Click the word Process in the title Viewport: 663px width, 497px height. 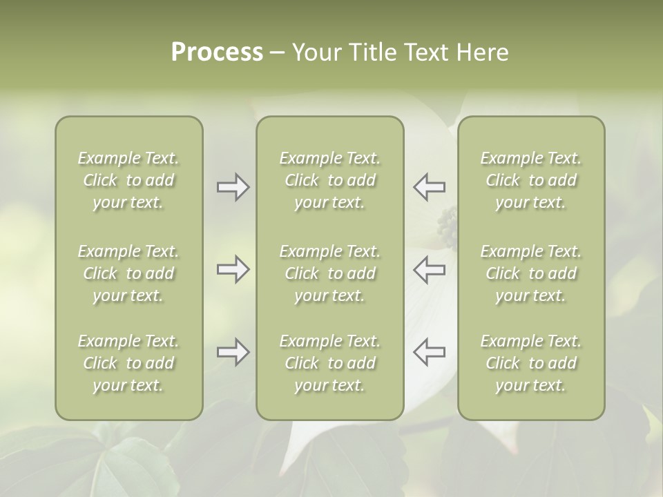click(x=217, y=52)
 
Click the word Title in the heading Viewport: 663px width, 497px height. click(x=373, y=52)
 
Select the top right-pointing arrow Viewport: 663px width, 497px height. click(x=233, y=187)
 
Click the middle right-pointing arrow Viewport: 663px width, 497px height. click(x=233, y=269)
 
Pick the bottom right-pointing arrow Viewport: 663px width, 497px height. click(x=233, y=352)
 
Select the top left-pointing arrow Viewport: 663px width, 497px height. click(x=429, y=187)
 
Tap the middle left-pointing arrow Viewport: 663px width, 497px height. click(x=429, y=269)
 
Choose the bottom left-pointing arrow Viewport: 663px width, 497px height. click(x=429, y=352)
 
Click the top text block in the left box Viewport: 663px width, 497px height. click(x=128, y=180)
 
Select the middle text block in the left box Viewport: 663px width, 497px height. click(x=128, y=273)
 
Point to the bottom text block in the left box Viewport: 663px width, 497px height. click(x=128, y=363)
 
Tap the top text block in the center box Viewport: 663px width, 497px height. click(x=329, y=180)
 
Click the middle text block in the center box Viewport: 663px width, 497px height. click(x=329, y=273)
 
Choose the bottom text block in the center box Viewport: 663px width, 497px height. click(x=329, y=363)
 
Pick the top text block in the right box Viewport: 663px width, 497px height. click(x=530, y=180)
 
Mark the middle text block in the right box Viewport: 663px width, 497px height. click(x=530, y=273)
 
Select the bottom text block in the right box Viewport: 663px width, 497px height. click(x=530, y=363)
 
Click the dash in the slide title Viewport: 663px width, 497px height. click(x=277, y=53)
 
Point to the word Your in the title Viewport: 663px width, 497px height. click(x=317, y=52)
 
